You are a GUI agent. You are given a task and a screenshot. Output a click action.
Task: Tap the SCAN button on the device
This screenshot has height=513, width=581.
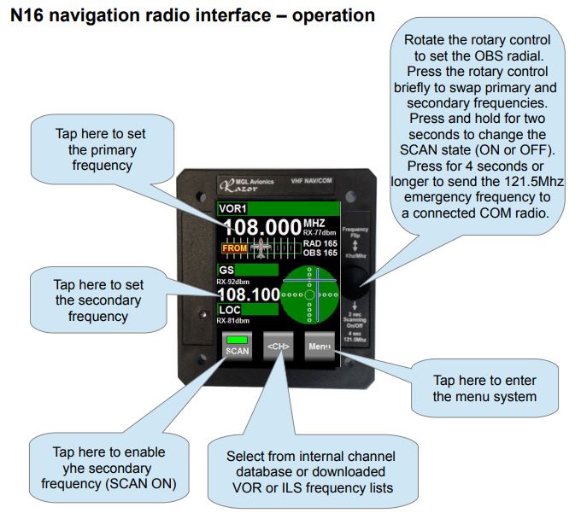(237, 347)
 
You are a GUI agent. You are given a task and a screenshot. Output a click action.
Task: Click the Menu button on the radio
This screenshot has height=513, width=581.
(320, 347)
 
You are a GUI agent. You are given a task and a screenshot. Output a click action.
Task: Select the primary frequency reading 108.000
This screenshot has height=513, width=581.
(263, 228)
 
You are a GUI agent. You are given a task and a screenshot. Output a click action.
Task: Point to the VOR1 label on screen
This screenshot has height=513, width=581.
(232, 208)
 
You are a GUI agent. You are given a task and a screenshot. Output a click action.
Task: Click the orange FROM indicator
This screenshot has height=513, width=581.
(234, 248)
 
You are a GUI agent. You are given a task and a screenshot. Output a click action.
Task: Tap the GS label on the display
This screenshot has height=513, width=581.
(226, 270)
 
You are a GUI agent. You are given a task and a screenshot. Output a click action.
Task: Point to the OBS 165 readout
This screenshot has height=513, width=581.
(320, 253)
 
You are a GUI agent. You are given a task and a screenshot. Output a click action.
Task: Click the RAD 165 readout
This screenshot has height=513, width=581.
(320, 243)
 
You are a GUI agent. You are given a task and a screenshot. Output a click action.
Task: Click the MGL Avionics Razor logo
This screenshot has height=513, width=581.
(242, 182)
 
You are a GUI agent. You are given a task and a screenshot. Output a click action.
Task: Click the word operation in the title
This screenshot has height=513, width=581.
(328, 15)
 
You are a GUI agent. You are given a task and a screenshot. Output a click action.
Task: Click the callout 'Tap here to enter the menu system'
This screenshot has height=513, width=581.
(485, 388)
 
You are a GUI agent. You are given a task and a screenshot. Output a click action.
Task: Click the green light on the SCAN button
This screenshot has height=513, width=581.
(237, 341)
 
